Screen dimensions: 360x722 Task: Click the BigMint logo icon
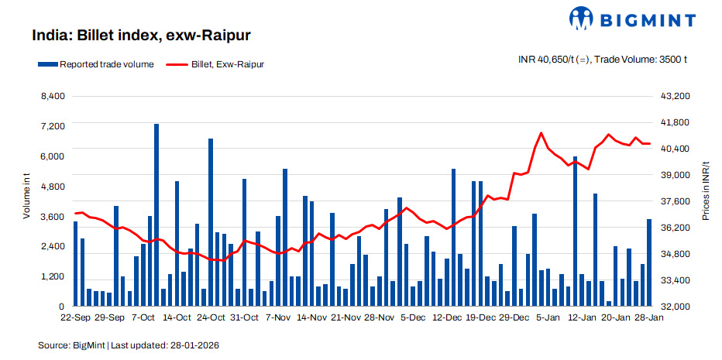[583, 19]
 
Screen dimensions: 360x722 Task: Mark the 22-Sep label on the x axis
[75, 317]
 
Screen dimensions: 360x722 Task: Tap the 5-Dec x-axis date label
[412, 317]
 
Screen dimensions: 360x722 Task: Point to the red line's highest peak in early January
[541, 133]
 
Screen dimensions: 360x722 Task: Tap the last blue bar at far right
[649, 262]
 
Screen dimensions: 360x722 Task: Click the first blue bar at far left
[76, 263]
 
